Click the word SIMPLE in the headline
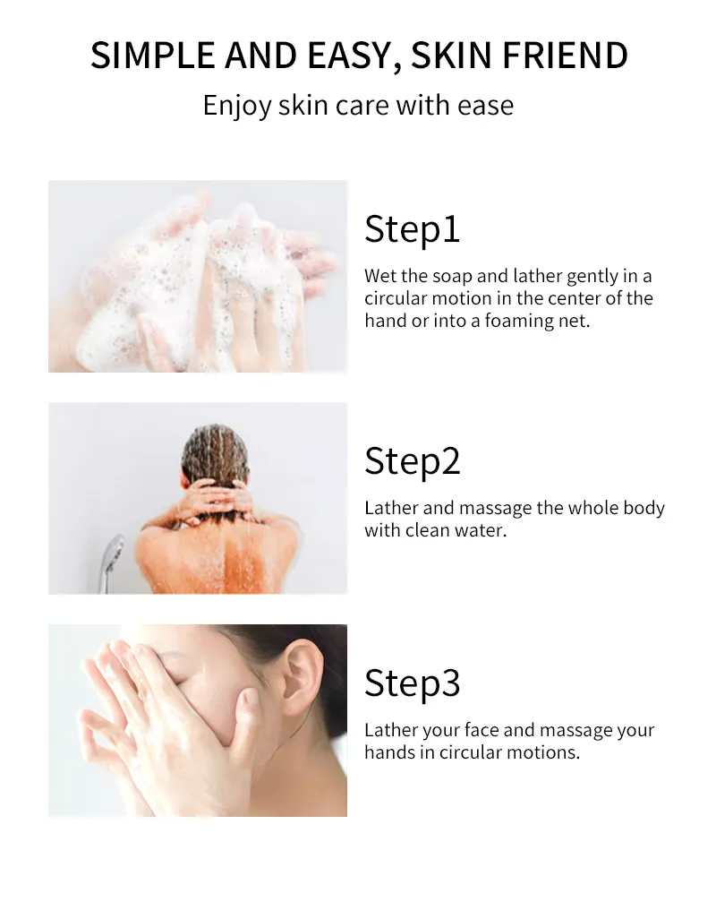[x=153, y=56]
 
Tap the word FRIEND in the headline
[x=565, y=56]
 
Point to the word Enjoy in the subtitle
[x=237, y=106]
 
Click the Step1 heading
[x=413, y=229]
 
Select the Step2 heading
[x=413, y=461]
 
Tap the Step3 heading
[x=413, y=683]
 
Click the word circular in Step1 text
[x=396, y=298]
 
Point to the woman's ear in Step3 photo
[x=303, y=666]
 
